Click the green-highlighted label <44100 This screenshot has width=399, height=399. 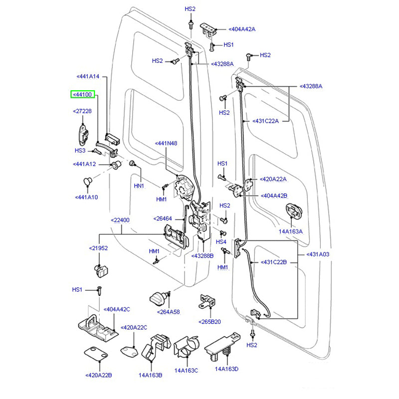pos(82,94)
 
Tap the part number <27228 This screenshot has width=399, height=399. pos(82,111)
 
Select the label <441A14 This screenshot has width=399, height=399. pos(88,76)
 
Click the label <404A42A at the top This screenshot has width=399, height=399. pos(241,29)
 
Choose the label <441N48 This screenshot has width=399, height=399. pos(166,143)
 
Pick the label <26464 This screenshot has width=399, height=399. pos(163,218)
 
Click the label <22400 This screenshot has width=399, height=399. pos(120,220)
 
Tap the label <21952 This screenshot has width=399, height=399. pos(98,248)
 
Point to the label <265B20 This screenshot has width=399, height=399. pos(210,322)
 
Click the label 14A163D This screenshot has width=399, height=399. pos(227,369)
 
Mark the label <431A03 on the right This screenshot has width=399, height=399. pos(318,254)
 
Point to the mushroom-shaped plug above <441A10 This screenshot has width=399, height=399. pos(87,180)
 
